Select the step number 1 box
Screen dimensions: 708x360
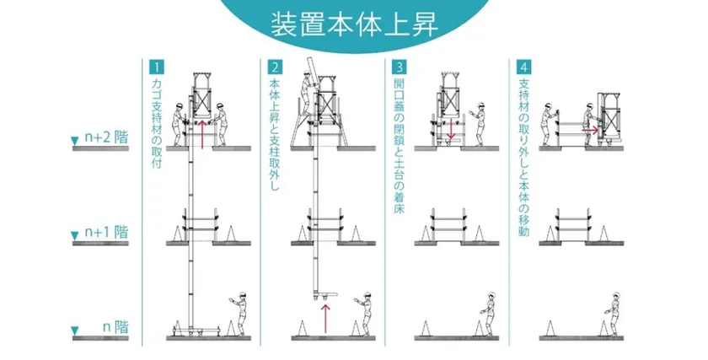(x=157, y=67)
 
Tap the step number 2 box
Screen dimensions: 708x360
(x=275, y=67)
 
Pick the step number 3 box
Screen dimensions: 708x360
(x=400, y=67)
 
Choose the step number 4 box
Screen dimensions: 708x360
(x=523, y=67)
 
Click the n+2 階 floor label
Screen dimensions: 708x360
(x=106, y=137)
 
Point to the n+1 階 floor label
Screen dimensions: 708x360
(x=106, y=232)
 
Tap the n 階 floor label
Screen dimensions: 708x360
(x=115, y=326)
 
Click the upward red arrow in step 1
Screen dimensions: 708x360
(x=202, y=134)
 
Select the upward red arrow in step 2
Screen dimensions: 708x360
(x=325, y=319)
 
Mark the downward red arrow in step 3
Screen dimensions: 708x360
(x=450, y=129)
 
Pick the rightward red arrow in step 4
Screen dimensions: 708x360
(x=590, y=130)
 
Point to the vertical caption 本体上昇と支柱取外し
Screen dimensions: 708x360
(x=275, y=134)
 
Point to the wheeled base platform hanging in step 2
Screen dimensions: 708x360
(x=325, y=295)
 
